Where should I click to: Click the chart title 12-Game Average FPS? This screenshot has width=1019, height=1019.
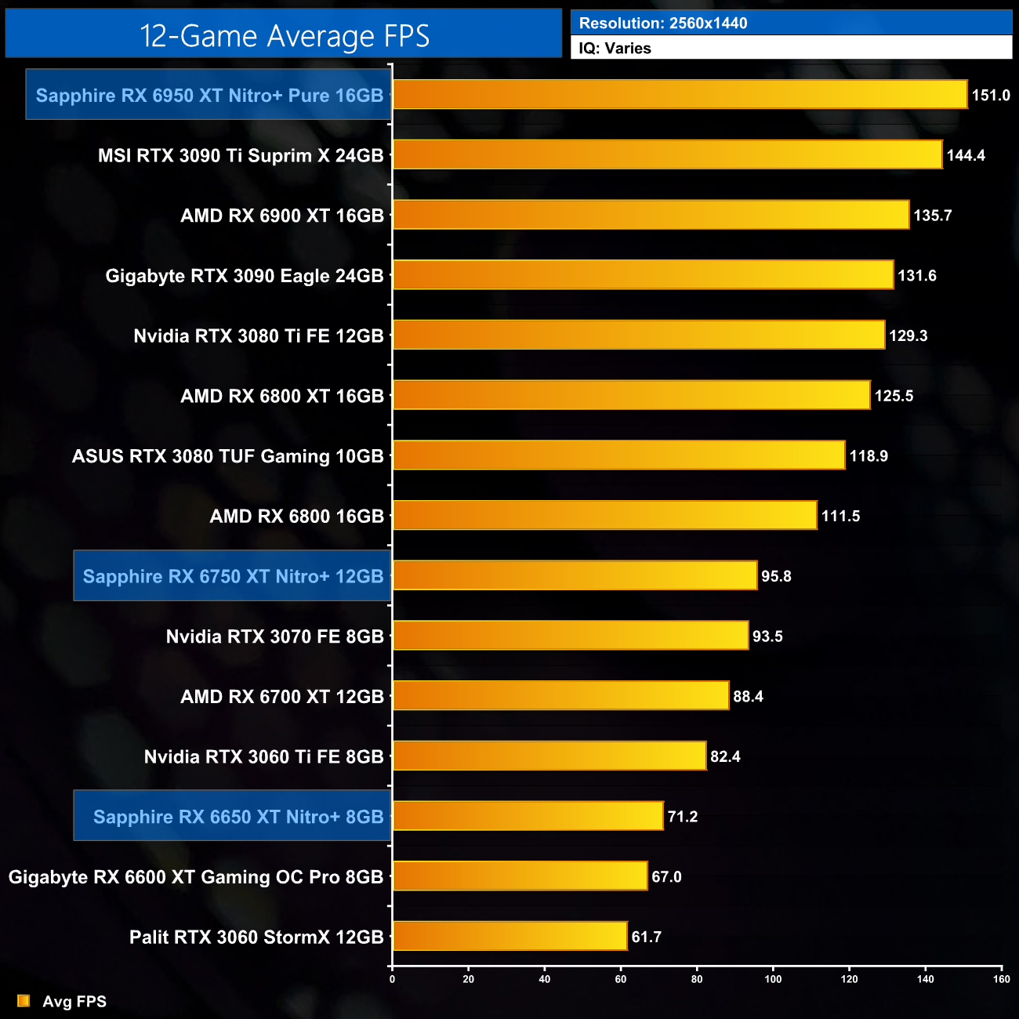[285, 36]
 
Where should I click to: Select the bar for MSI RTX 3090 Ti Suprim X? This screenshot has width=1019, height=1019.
[667, 154]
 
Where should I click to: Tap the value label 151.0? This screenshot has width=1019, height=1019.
[991, 95]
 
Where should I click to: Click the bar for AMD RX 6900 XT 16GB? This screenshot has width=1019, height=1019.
[651, 215]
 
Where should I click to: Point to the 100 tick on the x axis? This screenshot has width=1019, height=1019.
[773, 978]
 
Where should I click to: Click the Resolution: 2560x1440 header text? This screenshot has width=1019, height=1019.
[663, 23]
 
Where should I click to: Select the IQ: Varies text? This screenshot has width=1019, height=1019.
[615, 48]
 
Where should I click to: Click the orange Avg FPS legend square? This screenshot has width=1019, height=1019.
[24, 1001]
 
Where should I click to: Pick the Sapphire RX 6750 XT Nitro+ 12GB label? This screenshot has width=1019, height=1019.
[233, 576]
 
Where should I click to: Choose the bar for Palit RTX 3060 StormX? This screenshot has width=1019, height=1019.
[509, 936]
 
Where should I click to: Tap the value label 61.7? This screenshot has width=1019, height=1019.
[647, 937]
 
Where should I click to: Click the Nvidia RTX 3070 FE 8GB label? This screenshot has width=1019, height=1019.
[274, 636]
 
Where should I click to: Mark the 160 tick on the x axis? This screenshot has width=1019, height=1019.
[1001, 978]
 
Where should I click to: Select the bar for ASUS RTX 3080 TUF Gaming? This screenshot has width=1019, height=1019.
[618, 455]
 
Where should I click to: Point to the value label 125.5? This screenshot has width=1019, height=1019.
[894, 396]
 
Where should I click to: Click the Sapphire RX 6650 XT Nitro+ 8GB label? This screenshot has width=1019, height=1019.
[238, 817]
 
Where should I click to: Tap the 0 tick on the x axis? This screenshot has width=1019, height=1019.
[392, 978]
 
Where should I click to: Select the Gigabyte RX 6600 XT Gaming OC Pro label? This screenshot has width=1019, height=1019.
[196, 877]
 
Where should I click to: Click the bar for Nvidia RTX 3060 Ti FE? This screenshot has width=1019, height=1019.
[549, 756]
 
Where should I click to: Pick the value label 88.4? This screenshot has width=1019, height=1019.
[748, 696]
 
